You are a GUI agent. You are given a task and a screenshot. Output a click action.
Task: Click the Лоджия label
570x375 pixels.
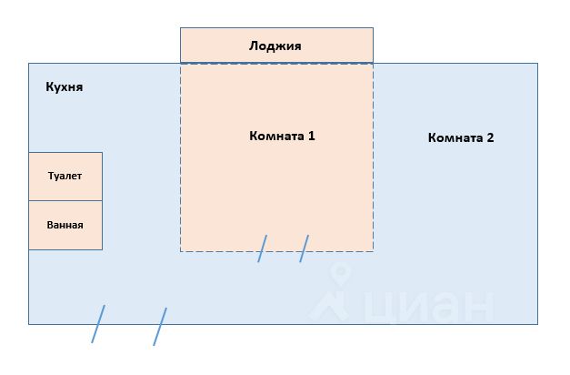[275, 46]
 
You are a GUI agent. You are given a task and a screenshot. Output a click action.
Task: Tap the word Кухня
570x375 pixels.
[65, 87]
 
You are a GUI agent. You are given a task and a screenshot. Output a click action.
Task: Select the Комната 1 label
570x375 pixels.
[282, 136]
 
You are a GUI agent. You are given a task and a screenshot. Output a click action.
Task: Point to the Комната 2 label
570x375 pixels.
[461, 137]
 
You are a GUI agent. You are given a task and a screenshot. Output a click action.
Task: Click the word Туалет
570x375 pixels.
[65, 176]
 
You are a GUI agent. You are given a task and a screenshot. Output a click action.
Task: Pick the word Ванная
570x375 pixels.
[65, 225]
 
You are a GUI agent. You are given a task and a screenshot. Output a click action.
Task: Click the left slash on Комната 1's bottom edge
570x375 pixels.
[263, 248]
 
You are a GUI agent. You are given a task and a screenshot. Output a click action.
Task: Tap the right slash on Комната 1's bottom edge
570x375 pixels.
[305, 248]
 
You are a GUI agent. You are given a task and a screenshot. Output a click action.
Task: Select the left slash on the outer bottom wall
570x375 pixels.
[98, 324]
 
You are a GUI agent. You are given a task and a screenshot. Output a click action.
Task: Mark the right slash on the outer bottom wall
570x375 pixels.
[160, 327]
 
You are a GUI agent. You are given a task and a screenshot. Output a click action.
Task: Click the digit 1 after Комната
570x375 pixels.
[312, 136]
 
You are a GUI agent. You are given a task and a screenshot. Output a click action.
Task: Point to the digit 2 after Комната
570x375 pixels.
[490, 137]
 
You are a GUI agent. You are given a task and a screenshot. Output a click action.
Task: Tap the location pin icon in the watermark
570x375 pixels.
[341, 273]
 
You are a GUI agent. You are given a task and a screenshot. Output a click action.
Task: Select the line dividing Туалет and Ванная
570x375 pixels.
[65, 200]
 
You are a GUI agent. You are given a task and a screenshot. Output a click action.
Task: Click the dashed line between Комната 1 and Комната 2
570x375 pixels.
[373, 157]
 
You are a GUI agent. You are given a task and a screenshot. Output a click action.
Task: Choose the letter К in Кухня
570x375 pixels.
[49, 86]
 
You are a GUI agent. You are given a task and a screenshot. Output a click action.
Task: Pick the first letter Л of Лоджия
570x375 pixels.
[254, 46]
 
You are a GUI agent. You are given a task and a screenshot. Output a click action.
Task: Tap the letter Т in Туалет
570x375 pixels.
[51, 176]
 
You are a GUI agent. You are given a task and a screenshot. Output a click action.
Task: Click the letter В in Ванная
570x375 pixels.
[50, 225]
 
